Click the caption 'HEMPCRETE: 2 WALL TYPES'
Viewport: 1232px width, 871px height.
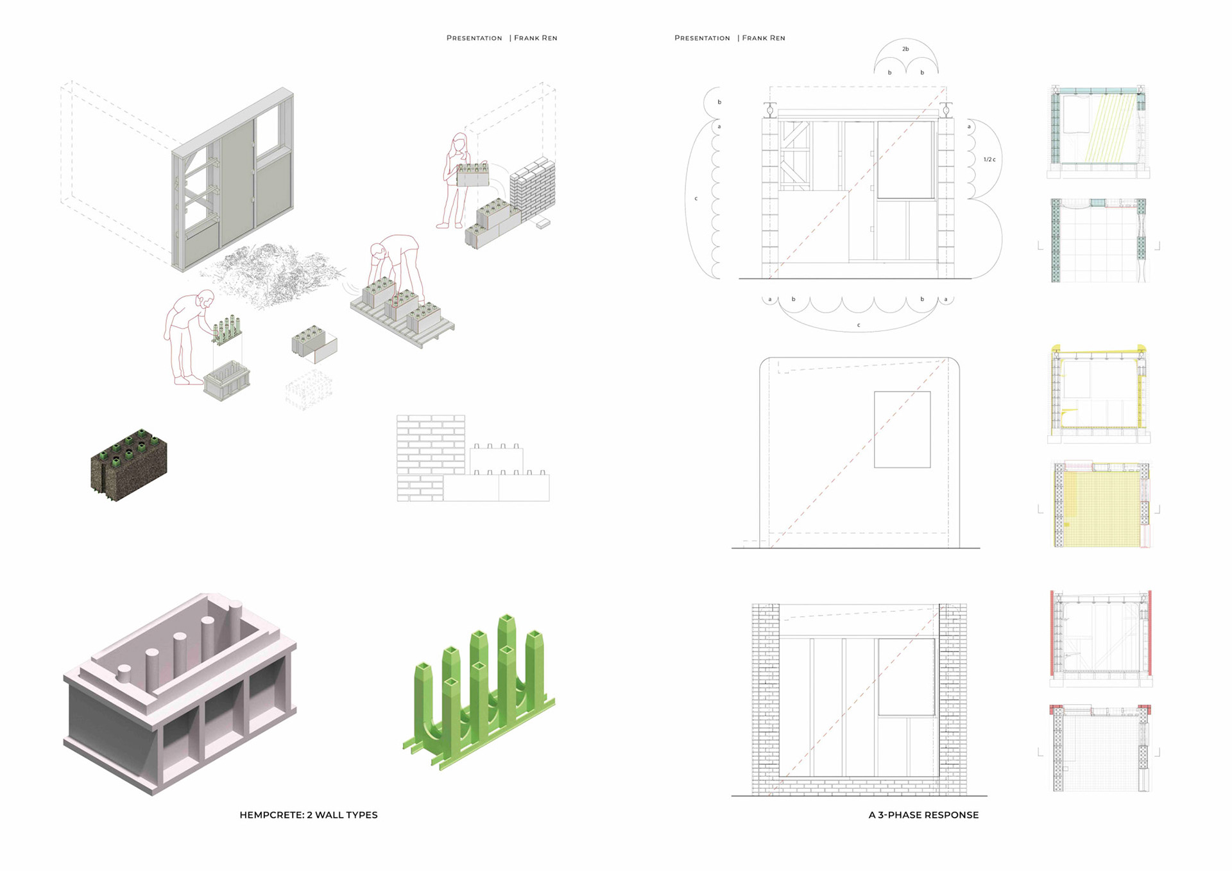(309, 815)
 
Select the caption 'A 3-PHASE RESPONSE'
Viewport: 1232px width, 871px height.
(923, 815)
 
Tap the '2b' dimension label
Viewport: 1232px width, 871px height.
(905, 49)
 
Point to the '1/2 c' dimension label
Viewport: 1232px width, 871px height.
(989, 159)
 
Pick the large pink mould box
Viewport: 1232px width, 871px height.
(180, 693)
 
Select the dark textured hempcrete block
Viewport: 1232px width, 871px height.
(129, 464)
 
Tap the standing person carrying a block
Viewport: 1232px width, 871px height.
(454, 183)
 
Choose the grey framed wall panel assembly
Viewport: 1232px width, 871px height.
(232, 180)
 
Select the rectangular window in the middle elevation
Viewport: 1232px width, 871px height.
(902, 429)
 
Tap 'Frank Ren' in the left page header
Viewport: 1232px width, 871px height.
(535, 38)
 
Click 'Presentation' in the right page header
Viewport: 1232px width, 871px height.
(702, 38)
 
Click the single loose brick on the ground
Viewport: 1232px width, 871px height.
(543, 223)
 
